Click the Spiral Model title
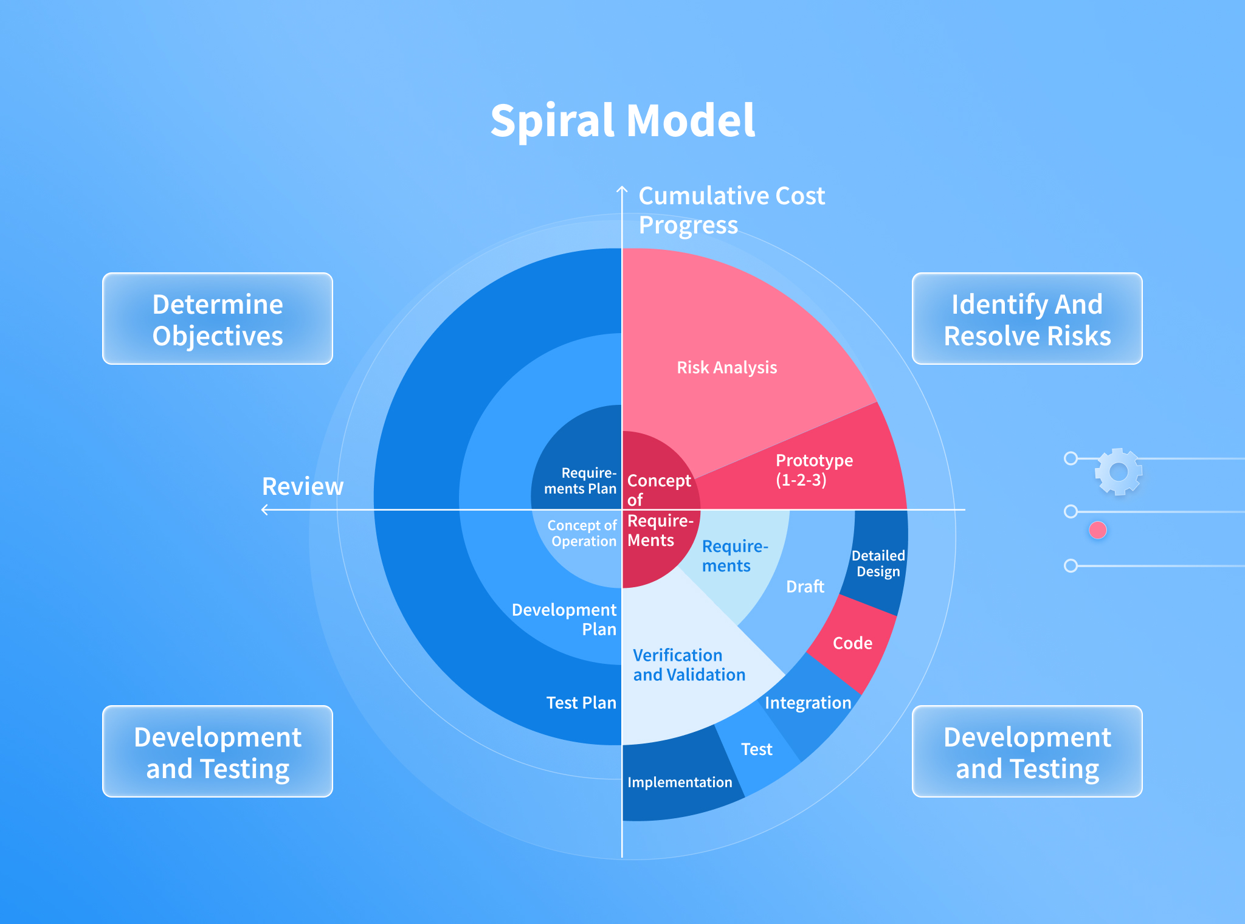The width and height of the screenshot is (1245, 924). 622,121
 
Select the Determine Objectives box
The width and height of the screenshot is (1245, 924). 218,319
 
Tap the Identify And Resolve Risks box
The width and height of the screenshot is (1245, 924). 1027,319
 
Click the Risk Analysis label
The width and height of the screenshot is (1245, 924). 727,367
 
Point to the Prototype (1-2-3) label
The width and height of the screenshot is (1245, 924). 814,470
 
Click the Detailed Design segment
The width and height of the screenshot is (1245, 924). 875,562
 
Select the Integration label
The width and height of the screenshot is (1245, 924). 808,703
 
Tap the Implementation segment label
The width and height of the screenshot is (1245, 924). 680,782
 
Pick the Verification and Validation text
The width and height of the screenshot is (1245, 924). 689,665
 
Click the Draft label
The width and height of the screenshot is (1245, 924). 805,587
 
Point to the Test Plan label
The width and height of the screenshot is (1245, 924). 581,703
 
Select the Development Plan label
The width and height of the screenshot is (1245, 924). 564,619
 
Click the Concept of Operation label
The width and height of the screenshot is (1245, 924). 582,533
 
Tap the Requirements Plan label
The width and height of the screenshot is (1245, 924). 581,481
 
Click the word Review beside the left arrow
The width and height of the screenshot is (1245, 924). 303,486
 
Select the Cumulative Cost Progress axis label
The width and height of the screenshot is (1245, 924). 731,210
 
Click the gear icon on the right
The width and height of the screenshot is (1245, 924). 1119,472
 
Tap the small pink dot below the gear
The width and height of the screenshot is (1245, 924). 1098,531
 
